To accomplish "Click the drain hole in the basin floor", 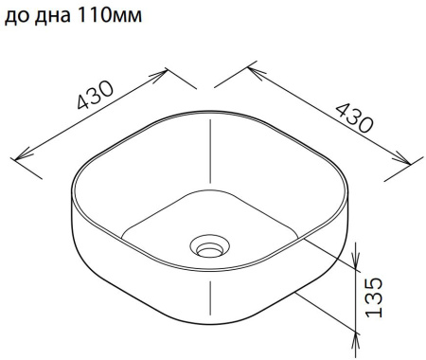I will point(207,248).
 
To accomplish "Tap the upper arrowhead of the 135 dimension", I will point(357,248).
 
